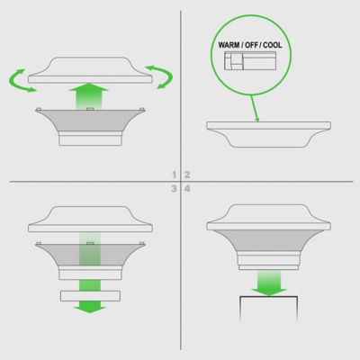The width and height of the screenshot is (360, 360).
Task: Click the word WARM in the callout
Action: pos(229,43)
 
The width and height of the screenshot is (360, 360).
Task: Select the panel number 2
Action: pos(187,173)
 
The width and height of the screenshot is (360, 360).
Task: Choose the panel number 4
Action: pos(187,189)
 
